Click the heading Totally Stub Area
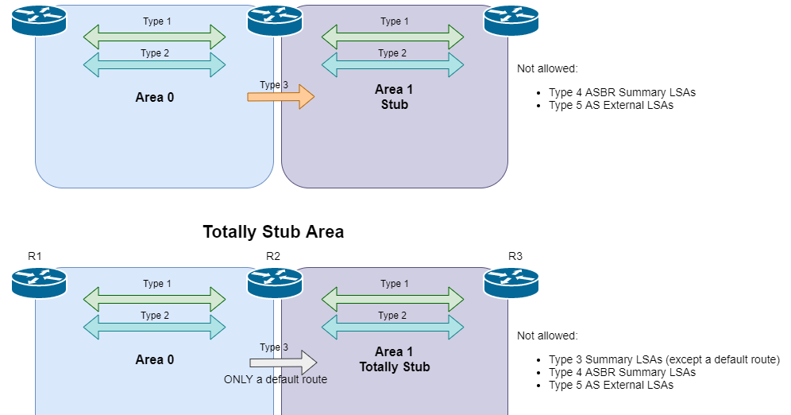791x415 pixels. point(273,232)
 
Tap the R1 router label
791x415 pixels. point(34,256)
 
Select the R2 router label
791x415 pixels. point(273,256)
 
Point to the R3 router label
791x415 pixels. point(515,256)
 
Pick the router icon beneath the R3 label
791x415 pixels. point(511,282)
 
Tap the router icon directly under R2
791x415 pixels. point(275,282)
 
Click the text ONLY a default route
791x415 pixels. point(276,379)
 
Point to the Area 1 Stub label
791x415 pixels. point(394,97)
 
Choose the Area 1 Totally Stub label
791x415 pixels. point(394,359)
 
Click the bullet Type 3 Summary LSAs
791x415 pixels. point(664,359)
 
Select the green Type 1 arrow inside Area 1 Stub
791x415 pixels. point(392,37)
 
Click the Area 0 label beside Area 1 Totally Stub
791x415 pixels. point(155,359)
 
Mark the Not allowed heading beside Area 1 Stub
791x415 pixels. point(547,69)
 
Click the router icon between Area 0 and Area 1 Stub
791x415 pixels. point(275,20)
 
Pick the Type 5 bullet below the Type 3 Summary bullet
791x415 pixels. point(611,385)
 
